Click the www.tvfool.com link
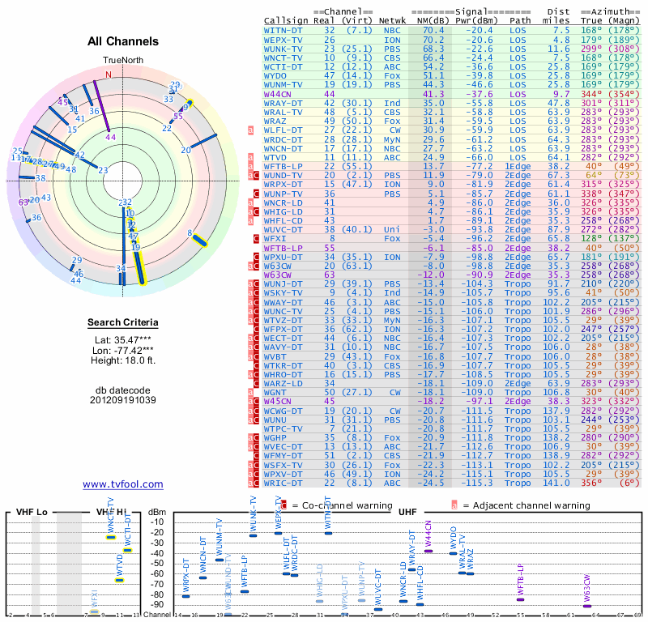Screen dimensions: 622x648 [x=122, y=484]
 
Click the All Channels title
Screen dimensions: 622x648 [x=123, y=41]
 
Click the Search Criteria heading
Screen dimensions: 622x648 [x=123, y=323]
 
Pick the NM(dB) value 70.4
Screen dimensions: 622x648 [x=433, y=29]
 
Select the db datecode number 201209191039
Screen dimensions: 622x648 [x=123, y=400]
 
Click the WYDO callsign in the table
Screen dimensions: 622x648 [x=279, y=75]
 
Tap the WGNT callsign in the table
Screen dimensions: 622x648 [x=279, y=390]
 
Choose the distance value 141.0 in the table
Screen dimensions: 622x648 [x=558, y=483]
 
